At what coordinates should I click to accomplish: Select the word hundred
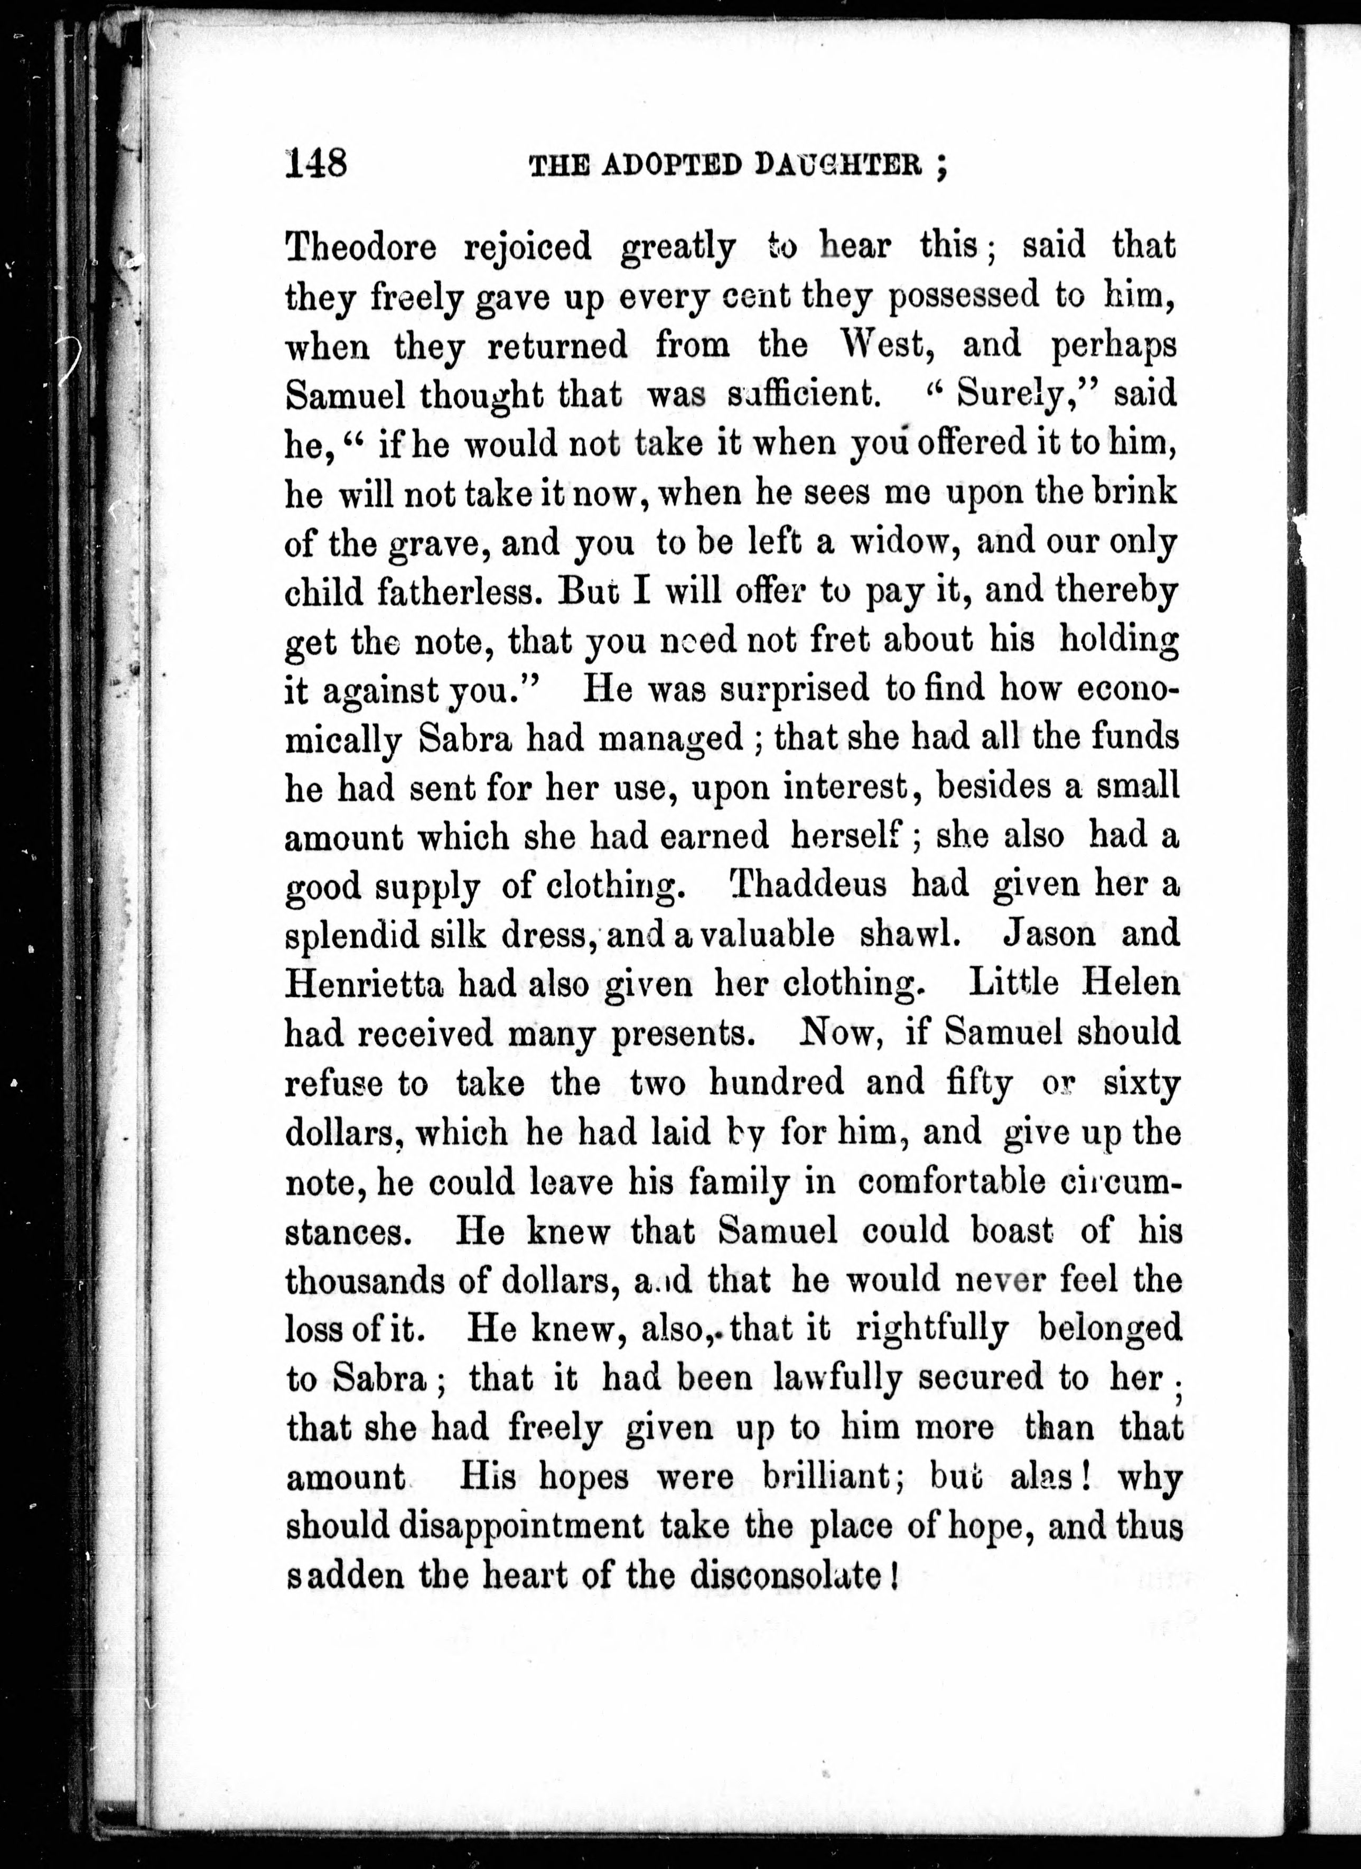coord(776,1081)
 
